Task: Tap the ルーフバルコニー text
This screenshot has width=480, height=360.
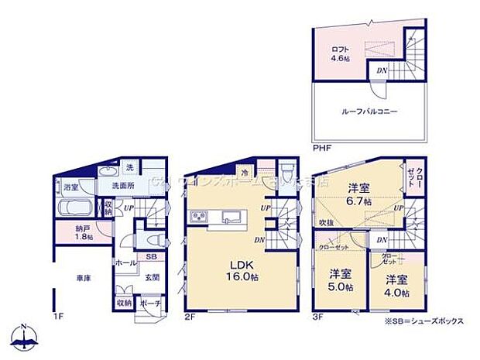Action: point(369,111)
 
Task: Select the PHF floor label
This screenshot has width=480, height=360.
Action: point(322,147)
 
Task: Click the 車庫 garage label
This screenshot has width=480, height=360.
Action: point(81,278)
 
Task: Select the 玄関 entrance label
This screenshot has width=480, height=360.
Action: point(151,276)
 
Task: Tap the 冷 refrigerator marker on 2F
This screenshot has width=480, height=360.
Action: point(245,173)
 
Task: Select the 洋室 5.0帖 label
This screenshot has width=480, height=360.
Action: point(337,279)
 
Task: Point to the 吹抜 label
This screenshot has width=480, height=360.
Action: point(327,224)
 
